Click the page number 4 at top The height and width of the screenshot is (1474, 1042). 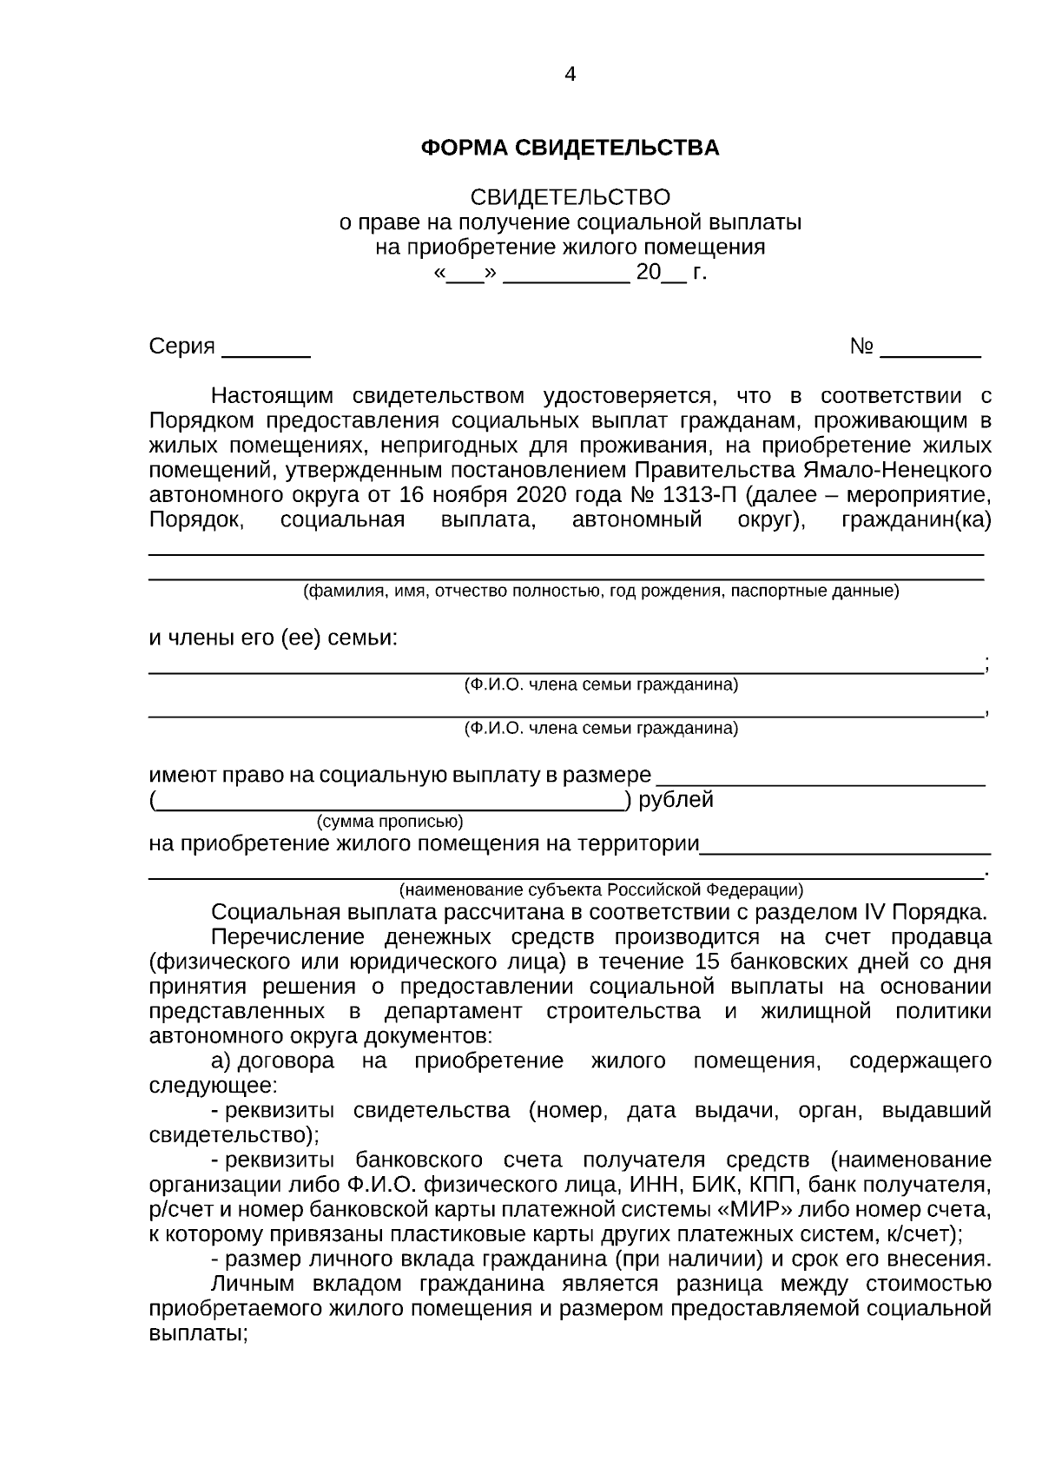[570, 75]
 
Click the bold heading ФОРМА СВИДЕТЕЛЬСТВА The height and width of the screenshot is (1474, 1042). [570, 149]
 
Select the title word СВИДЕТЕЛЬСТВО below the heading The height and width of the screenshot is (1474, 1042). [570, 197]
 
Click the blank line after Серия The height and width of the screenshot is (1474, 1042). [266, 353]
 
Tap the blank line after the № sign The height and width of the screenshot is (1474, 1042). [930, 353]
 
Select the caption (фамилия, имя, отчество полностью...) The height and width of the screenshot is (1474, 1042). [600, 592]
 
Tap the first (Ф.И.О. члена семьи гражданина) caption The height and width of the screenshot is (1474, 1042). [601, 685]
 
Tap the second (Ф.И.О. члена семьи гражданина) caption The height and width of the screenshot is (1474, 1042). [601, 728]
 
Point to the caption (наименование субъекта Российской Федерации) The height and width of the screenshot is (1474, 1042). [601, 890]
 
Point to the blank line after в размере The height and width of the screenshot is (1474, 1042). [820, 778]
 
